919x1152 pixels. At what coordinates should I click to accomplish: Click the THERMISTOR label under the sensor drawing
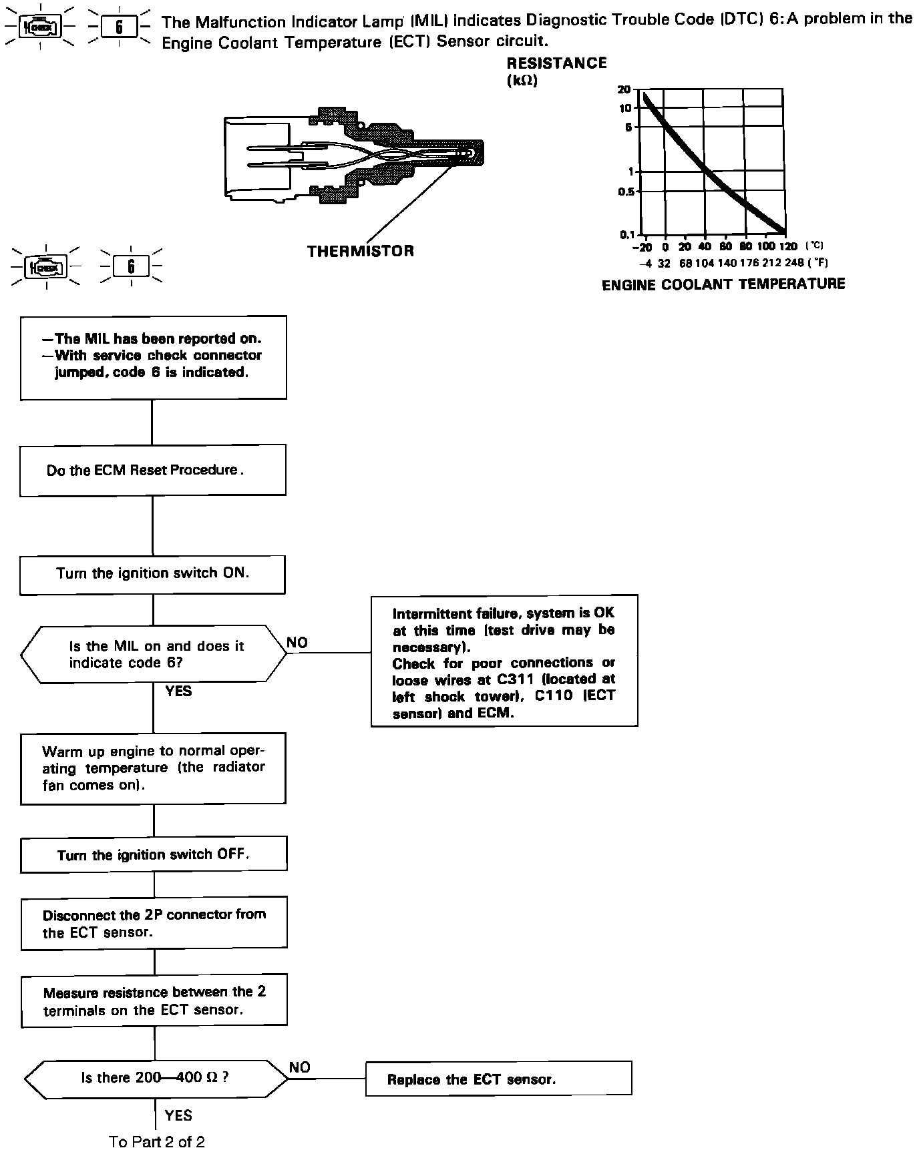click(360, 251)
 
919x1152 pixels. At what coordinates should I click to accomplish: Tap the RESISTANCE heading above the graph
click(556, 63)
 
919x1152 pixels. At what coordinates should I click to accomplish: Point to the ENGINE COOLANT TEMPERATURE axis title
click(723, 284)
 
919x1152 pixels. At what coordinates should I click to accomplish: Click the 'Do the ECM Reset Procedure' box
click(152, 471)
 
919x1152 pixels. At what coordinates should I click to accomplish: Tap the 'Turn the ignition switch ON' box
click(152, 574)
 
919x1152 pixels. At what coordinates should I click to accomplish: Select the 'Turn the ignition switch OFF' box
click(154, 855)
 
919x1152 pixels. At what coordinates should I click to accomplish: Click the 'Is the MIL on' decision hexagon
click(154, 654)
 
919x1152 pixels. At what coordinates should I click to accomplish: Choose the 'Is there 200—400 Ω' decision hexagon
click(156, 1078)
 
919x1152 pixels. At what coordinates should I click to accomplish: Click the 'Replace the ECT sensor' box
click(498, 1079)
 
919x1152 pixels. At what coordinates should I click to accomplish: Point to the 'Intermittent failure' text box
click(504, 661)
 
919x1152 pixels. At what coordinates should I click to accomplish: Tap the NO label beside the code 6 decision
click(297, 642)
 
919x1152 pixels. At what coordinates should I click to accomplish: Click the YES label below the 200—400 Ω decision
click(178, 1115)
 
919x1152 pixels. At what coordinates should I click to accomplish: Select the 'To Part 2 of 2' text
click(157, 1141)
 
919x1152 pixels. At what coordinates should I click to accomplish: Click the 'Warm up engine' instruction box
click(154, 768)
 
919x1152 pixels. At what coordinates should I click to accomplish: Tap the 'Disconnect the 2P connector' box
click(154, 924)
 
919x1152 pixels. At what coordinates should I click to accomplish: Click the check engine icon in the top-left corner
click(41, 27)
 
